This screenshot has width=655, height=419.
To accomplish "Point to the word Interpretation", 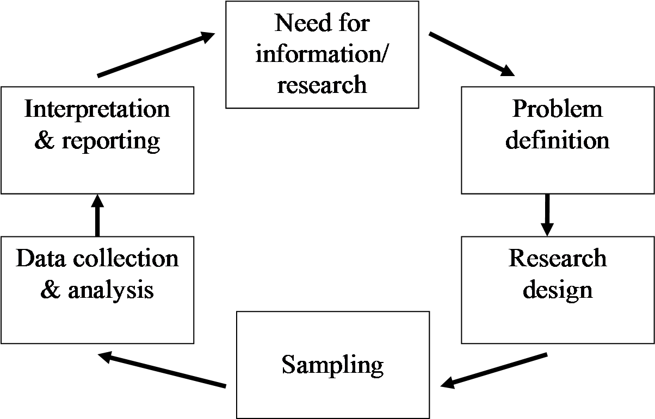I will click(97, 109).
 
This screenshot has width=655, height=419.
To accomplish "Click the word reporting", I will click(111, 141).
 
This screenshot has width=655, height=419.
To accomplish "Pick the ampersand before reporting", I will click(44, 141).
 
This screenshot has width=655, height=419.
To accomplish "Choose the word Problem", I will click(558, 109).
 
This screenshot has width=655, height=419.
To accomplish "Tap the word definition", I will click(558, 140).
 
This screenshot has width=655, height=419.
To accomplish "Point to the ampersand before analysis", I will click(51, 290).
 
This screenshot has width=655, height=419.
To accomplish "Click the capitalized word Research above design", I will click(558, 259).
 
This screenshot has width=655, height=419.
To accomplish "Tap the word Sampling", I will click(332, 365).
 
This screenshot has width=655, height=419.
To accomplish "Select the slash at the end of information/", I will click(385, 54).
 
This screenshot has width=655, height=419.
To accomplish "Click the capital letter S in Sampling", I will click(288, 364).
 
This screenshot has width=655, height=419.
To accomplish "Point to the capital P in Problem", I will click(520, 109).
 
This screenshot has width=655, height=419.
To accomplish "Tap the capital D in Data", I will click(24, 259).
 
